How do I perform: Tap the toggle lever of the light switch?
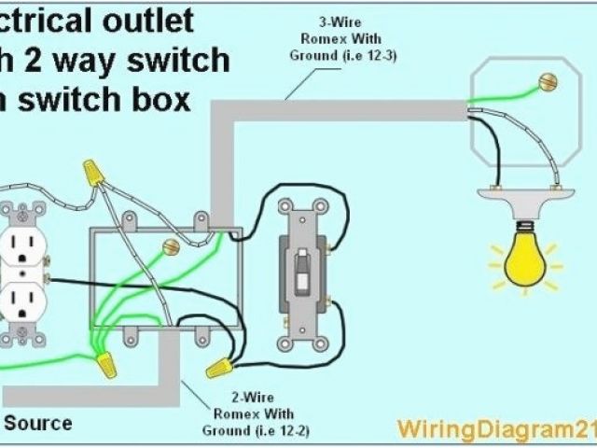tap(301, 270)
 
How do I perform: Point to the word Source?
tap(38, 423)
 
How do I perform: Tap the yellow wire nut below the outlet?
tap(105, 361)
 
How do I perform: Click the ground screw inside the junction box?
tap(170, 248)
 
